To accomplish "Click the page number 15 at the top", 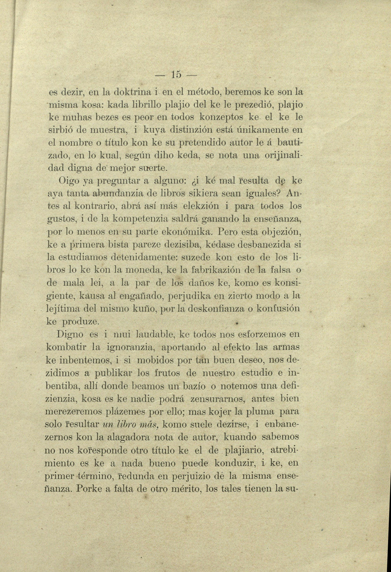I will coord(176,75).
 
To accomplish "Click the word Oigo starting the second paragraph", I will coord(68,181).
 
